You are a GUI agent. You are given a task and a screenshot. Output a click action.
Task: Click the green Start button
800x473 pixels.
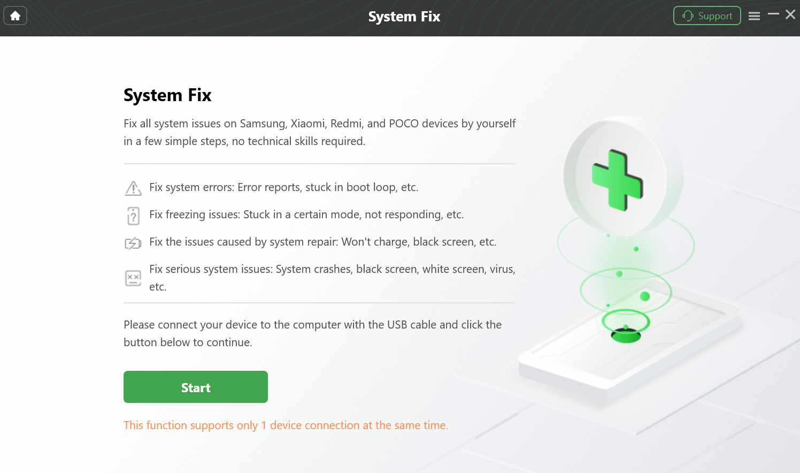pyautogui.click(x=196, y=387)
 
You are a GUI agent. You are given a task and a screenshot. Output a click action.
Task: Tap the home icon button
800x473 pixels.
pyautogui.click(x=15, y=16)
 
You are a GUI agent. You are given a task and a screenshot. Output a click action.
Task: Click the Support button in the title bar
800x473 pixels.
pyautogui.click(x=707, y=16)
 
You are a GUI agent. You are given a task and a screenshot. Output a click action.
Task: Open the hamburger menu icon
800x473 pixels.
pyautogui.click(x=754, y=16)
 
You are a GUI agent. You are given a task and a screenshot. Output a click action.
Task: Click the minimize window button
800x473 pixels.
pyautogui.click(x=773, y=14)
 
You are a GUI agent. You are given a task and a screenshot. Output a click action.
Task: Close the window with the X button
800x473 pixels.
pyautogui.click(x=790, y=14)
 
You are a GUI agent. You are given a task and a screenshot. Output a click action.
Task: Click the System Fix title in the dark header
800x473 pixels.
pyautogui.click(x=404, y=17)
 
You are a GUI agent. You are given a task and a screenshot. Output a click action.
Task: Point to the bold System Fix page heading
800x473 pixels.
pyautogui.click(x=167, y=95)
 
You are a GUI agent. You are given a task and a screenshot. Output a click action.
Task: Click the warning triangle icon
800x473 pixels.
pyautogui.click(x=133, y=188)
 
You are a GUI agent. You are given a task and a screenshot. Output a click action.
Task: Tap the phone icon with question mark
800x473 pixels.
pyautogui.click(x=133, y=216)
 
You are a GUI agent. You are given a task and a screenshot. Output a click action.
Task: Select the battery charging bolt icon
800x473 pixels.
pyautogui.click(x=133, y=243)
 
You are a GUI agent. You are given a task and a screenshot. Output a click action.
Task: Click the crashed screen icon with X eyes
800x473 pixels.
pyautogui.click(x=133, y=278)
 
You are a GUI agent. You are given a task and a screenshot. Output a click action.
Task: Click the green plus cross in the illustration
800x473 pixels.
pyautogui.click(x=617, y=180)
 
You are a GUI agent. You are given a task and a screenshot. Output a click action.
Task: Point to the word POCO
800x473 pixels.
pyautogui.click(x=404, y=124)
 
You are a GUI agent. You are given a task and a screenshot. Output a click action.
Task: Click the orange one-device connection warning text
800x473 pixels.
pyautogui.click(x=286, y=425)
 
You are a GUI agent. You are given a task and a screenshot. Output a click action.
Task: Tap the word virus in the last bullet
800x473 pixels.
pyautogui.click(x=502, y=269)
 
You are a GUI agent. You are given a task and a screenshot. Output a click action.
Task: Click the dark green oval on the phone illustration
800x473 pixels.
pyautogui.click(x=626, y=336)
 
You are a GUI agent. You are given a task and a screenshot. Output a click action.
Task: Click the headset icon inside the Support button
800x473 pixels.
pyautogui.click(x=688, y=16)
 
